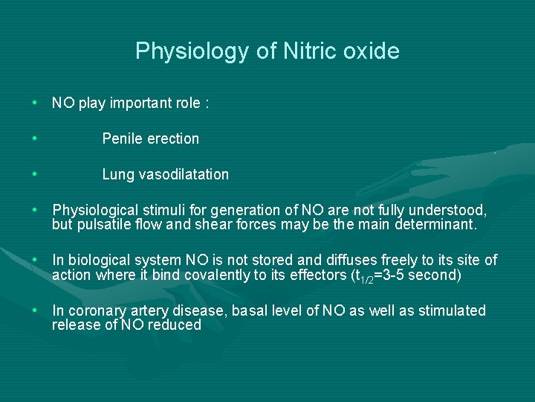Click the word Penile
coord(122,138)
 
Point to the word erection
coord(172,138)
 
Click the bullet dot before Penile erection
coord(35,138)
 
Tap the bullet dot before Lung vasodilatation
coord(35,174)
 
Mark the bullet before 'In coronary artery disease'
coord(35,310)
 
